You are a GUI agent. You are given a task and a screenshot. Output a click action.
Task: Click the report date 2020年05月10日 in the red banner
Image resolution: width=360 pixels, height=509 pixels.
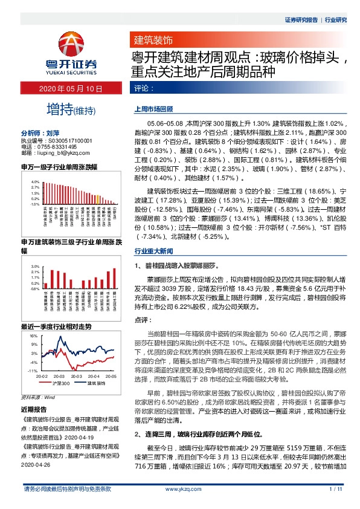pos(72,88)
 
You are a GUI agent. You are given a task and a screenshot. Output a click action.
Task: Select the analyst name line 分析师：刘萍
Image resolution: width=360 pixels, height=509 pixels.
pos(40,132)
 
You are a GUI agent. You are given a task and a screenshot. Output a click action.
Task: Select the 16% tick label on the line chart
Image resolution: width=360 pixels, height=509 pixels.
pos(34,335)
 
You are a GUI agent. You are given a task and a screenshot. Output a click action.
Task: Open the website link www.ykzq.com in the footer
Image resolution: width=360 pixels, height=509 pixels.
pos(179,505)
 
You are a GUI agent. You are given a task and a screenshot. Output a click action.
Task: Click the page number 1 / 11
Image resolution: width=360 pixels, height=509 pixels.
pos(336,505)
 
